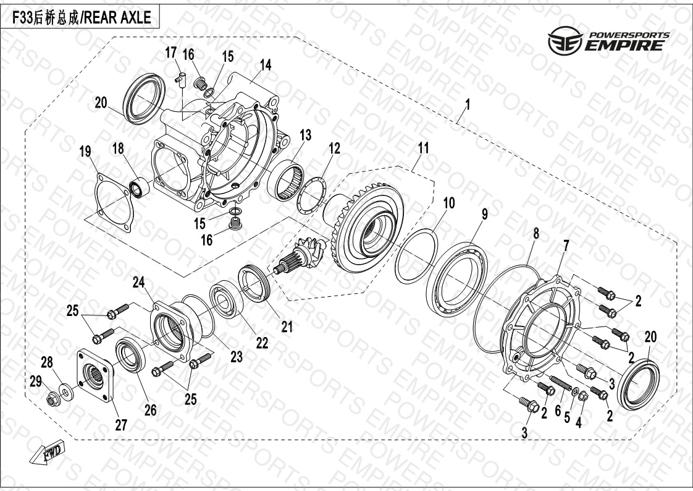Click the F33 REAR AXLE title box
pyautogui.click(x=80, y=17)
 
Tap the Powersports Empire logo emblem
pyautogui.click(x=565, y=40)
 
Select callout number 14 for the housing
pyautogui.click(x=265, y=66)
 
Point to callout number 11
pyautogui.click(x=424, y=148)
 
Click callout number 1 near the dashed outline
pyautogui.click(x=468, y=105)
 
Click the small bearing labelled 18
pyautogui.click(x=139, y=188)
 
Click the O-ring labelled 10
pyautogui.click(x=416, y=255)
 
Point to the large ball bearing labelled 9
pyautogui.click(x=457, y=279)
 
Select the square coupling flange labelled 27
pyautogui.click(x=96, y=375)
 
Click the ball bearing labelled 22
pyautogui.click(x=225, y=299)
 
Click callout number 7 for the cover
pyautogui.click(x=566, y=246)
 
